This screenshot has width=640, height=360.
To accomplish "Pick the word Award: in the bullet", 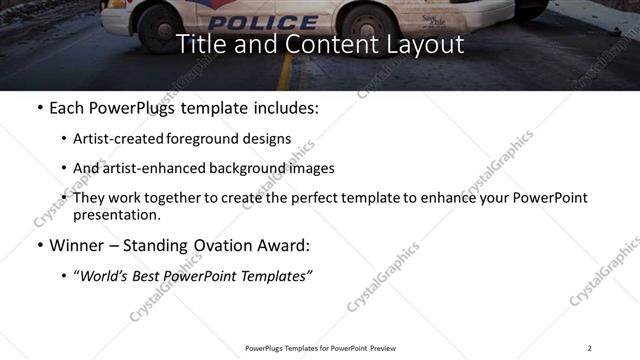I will pyautogui.click(x=285, y=245).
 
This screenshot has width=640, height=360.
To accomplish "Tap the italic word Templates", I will pyautogui.click(x=274, y=276).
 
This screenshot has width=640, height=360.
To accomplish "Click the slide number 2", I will pyautogui.click(x=589, y=347).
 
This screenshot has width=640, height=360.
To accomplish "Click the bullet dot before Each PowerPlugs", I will pyautogui.click(x=39, y=108).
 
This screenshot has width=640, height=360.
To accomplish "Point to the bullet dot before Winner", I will pyautogui.click(x=39, y=246).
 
